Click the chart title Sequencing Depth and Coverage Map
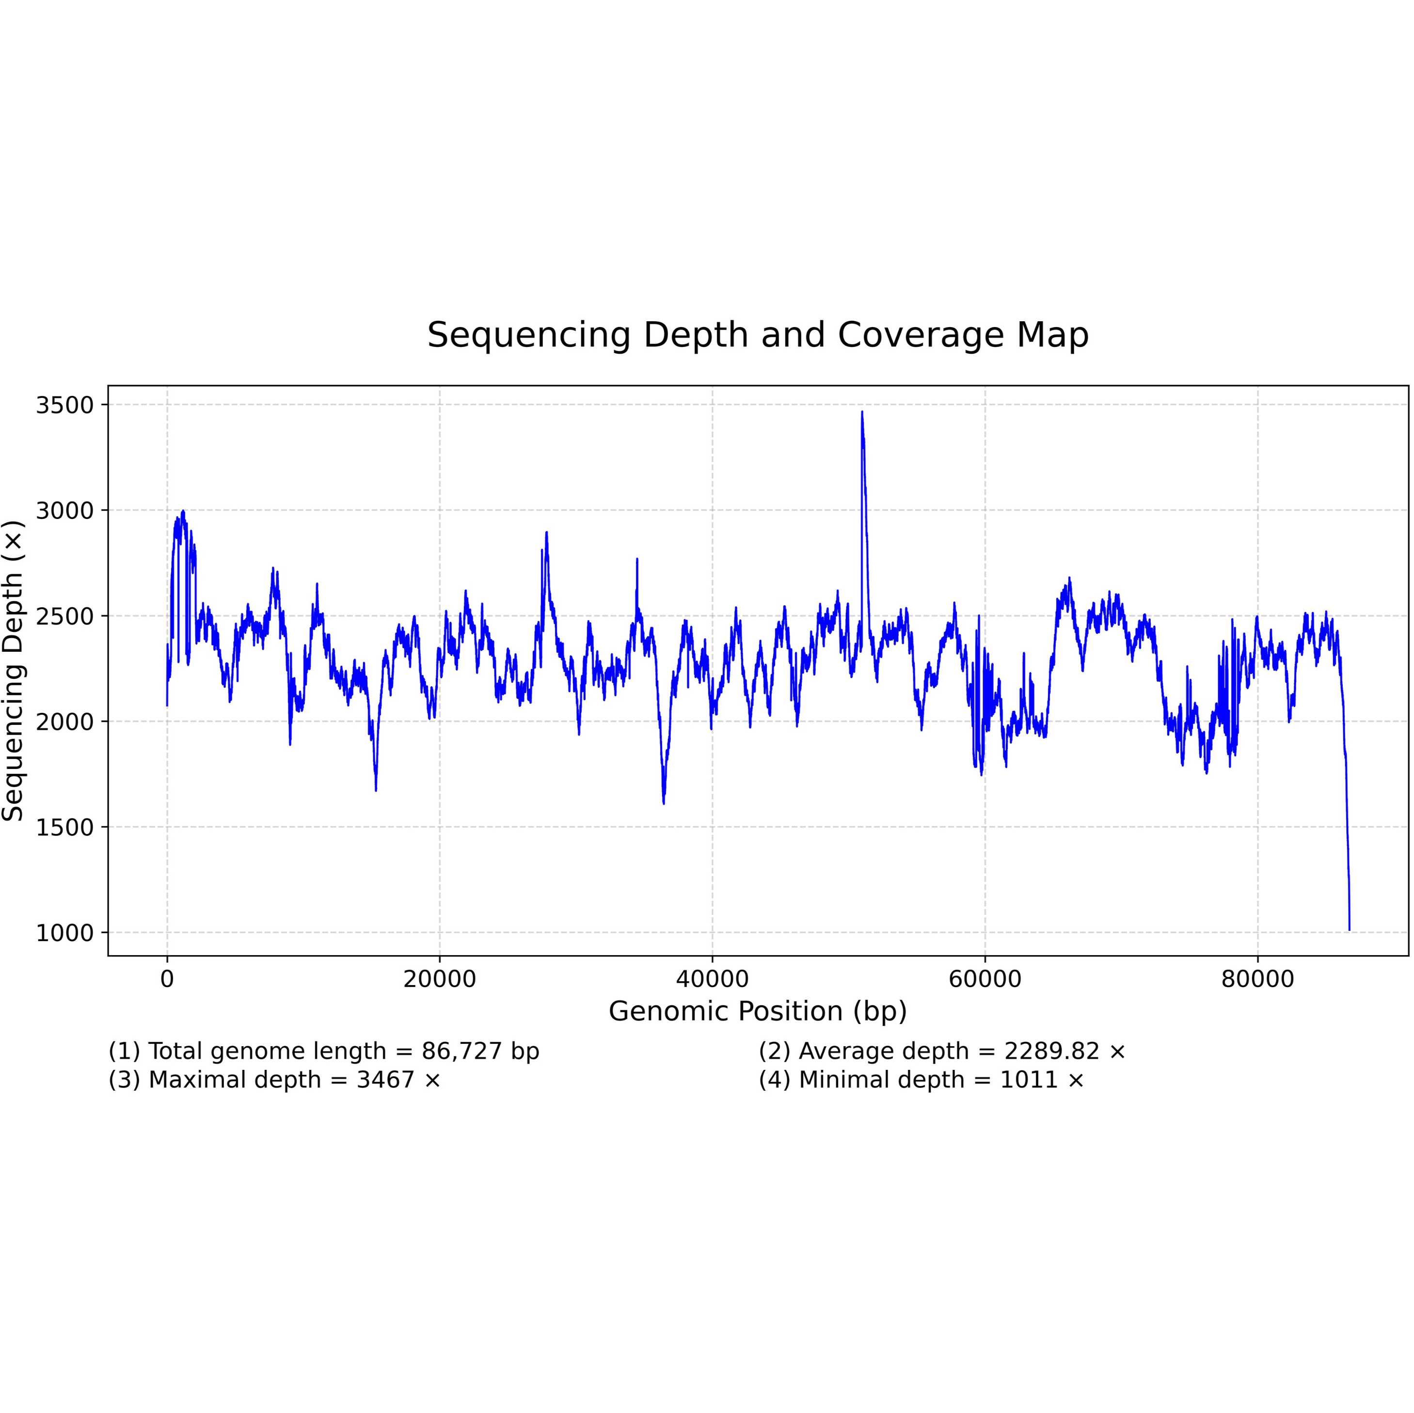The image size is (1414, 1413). point(758,335)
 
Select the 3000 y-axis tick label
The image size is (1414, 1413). point(65,511)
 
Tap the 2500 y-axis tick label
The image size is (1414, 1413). point(65,616)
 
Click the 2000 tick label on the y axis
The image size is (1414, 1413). point(65,722)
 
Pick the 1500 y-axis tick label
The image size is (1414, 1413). point(65,827)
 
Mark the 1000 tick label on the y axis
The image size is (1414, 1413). point(65,933)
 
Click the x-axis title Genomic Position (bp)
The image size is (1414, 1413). point(758,1011)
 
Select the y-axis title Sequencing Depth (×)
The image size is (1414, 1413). point(13,670)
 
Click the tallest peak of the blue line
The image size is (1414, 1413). point(862,413)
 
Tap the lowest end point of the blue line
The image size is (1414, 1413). point(1349,929)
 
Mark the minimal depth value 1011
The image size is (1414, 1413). point(1028,1080)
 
